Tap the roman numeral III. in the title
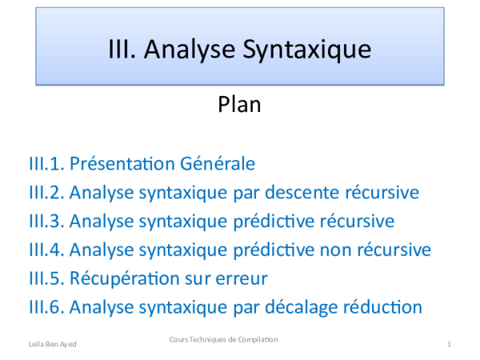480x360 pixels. [x=123, y=50]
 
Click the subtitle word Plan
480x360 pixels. [x=240, y=105]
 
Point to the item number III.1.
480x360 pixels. [x=46, y=164]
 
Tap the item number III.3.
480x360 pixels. [x=46, y=221]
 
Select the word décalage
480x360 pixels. [x=322, y=307]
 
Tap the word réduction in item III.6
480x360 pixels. [x=393, y=307]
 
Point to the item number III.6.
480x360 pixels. [x=46, y=306]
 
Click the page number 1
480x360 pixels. [x=450, y=343]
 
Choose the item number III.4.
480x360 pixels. [x=46, y=250]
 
